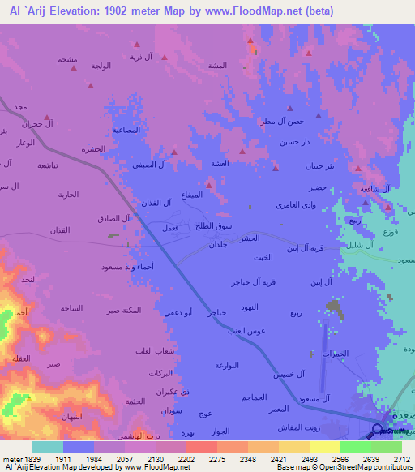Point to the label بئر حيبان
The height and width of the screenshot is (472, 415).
click(x=318, y=166)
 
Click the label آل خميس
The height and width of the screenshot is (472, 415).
click(x=289, y=373)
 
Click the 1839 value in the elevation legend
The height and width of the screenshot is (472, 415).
click(x=24, y=458)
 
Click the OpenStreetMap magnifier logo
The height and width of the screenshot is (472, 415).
click(x=378, y=431)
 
